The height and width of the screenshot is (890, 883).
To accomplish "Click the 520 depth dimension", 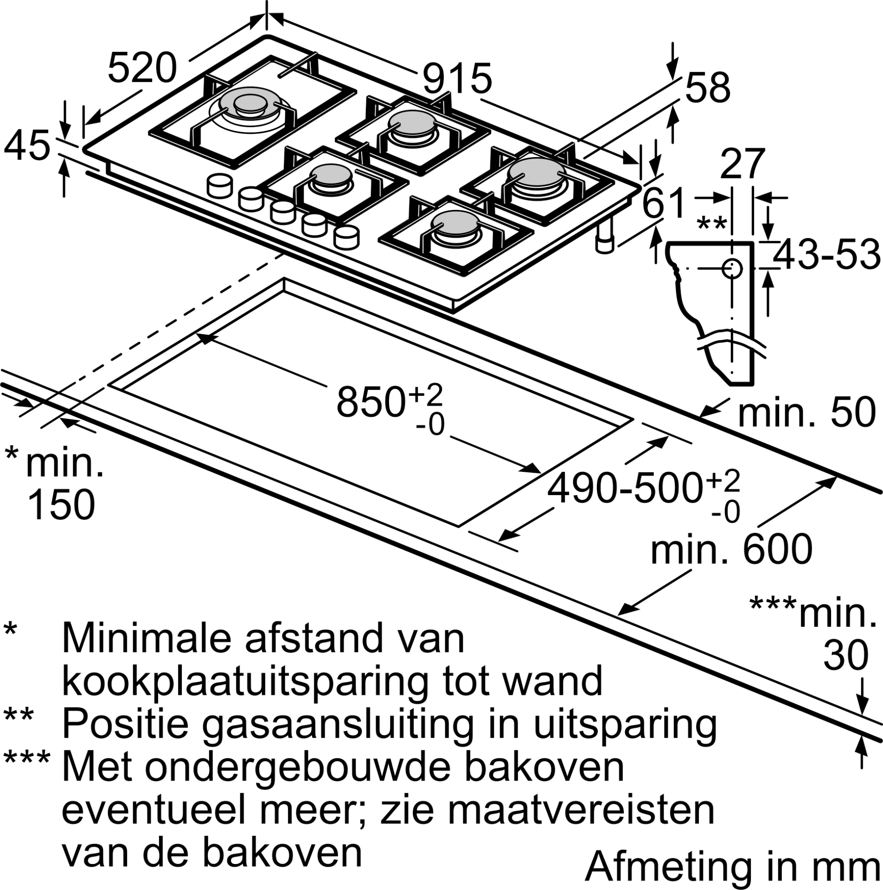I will pyautogui.click(x=142, y=68).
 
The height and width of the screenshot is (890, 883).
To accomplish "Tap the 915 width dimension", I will pyautogui.click(x=457, y=78).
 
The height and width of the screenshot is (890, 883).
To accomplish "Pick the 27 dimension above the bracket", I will pyautogui.click(x=741, y=164).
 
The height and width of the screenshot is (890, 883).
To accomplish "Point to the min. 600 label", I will pyautogui.click(x=731, y=550).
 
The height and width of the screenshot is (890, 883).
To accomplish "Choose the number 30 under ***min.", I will pyautogui.click(x=846, y=655).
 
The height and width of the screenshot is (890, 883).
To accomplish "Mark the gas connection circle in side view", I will pyautogui.click(x=732, y=267).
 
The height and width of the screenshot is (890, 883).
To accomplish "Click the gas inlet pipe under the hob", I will pyautogui.click(x=604, y=236).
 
